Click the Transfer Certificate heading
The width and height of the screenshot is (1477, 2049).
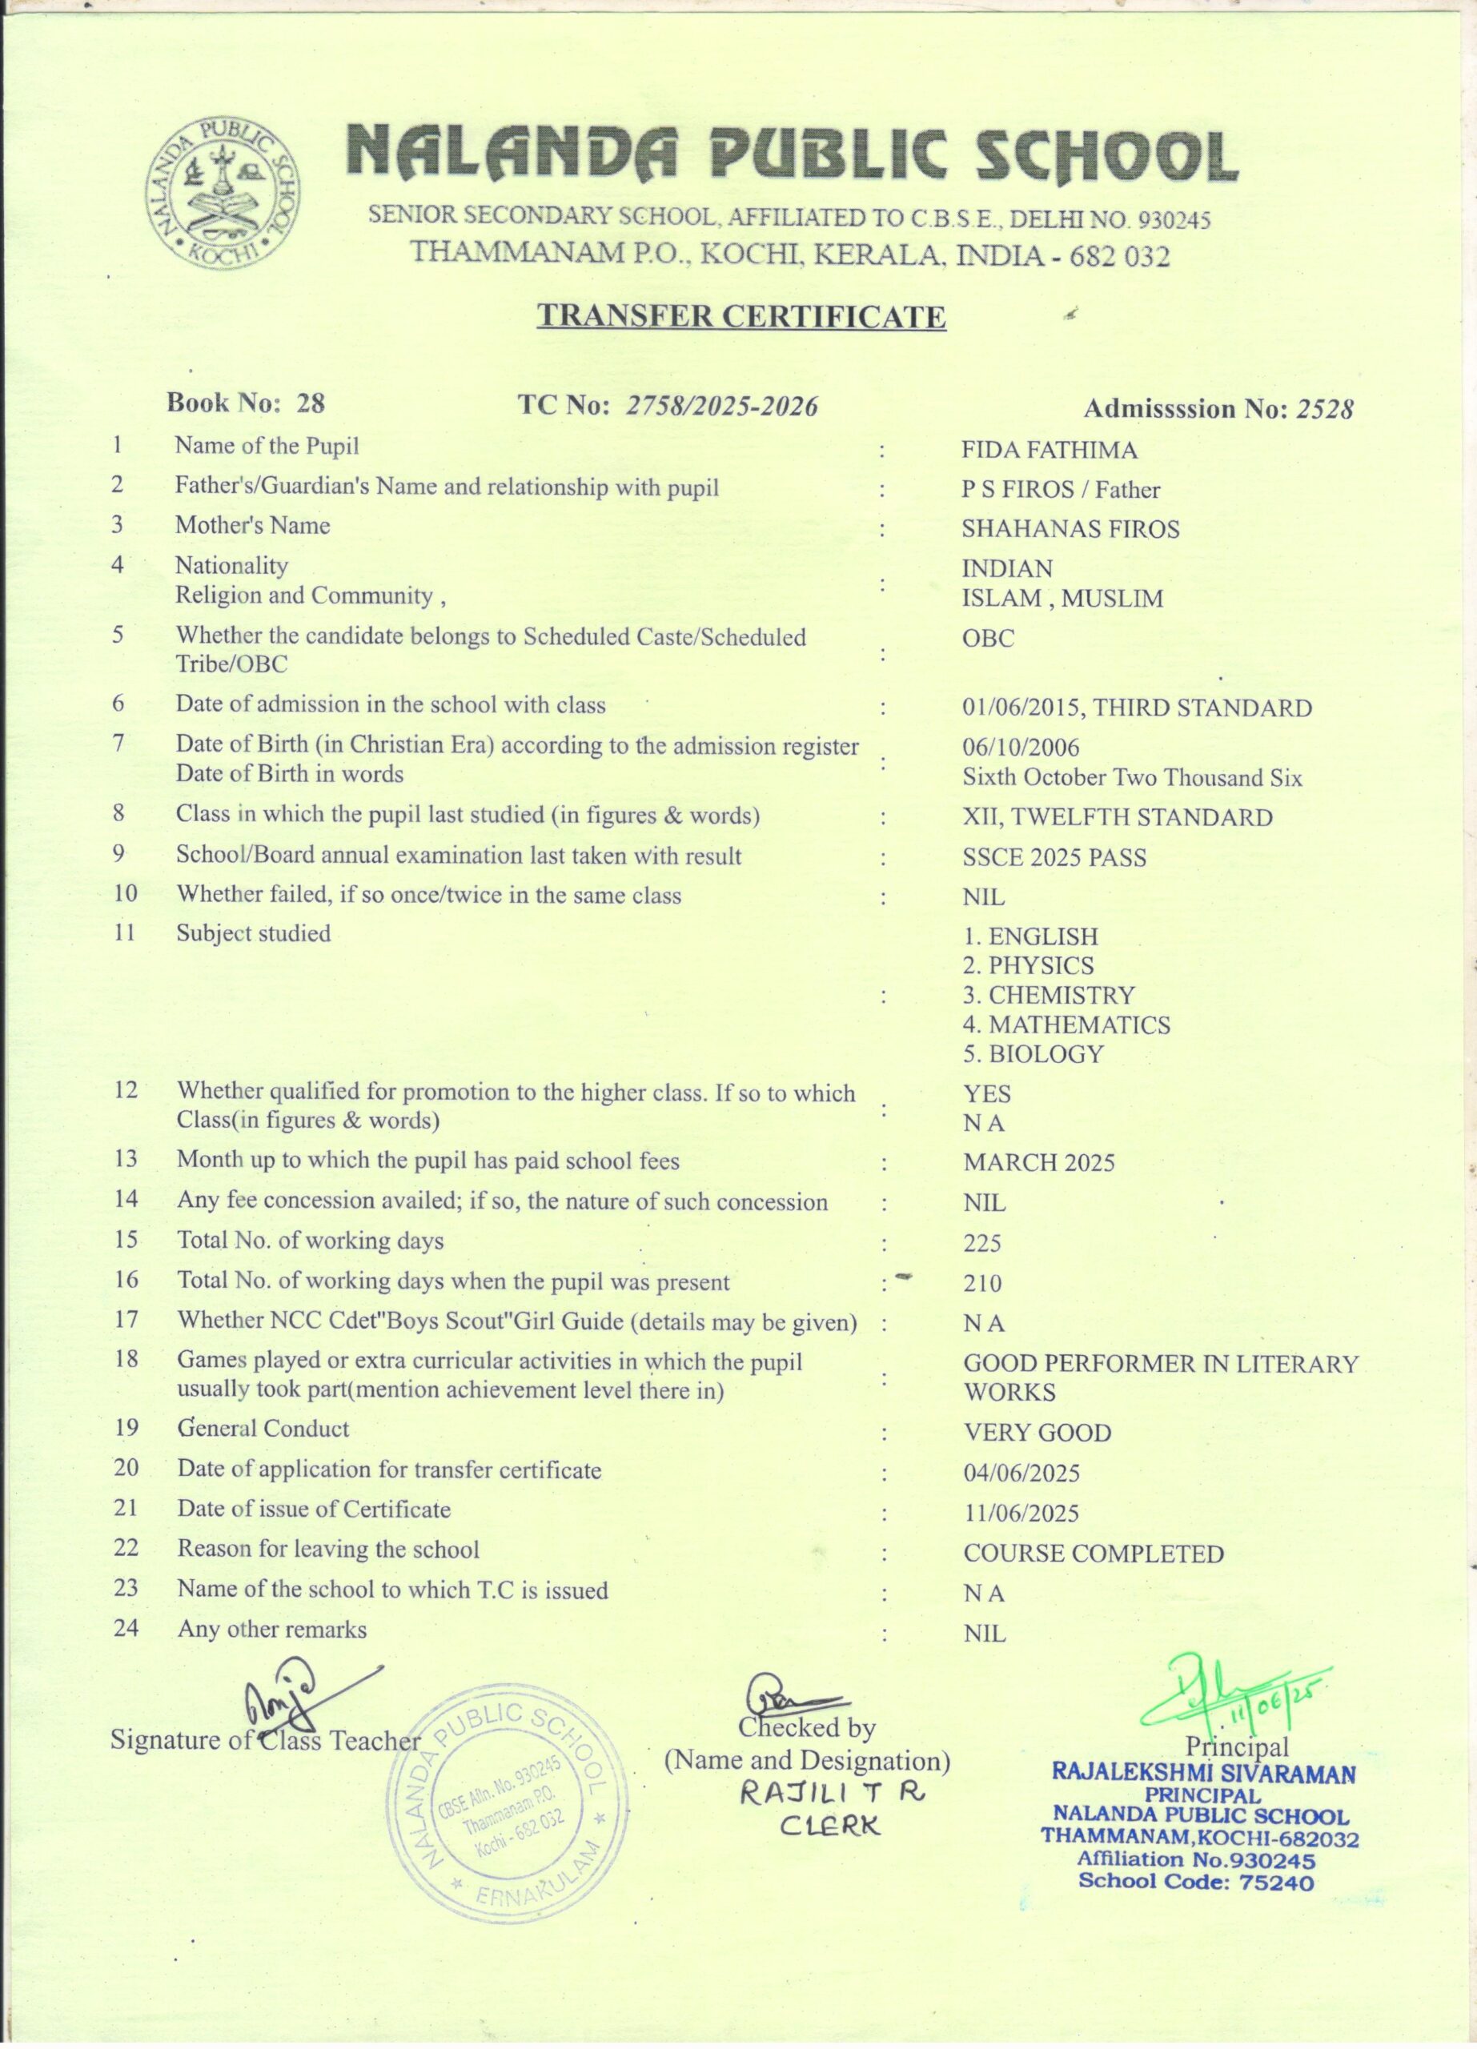741,316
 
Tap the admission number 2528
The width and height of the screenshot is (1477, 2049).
1324,409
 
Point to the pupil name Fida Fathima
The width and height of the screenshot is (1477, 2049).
1049,450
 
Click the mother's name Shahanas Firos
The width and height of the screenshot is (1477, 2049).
1070,528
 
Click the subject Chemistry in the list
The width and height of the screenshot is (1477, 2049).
1048,995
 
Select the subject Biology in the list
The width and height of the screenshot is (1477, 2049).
1033,1053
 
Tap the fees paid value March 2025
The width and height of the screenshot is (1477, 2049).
1039,1162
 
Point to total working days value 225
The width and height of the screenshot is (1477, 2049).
982,1243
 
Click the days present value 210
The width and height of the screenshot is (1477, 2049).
982,1283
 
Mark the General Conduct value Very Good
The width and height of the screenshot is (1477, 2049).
1037,1433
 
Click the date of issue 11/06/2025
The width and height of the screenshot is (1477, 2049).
1021,1514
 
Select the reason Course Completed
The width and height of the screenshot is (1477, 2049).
1093,1554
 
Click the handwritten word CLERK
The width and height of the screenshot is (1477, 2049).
829,1826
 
